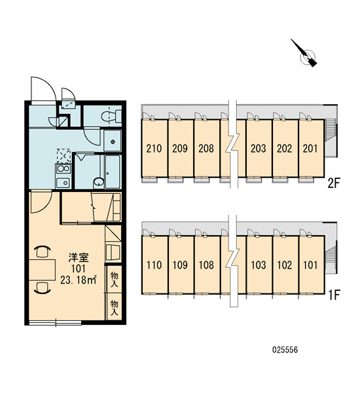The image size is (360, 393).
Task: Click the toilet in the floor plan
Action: coord(111,116)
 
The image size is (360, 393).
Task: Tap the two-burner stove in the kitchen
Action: coord(63,169)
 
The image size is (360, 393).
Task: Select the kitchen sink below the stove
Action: coord(63,183)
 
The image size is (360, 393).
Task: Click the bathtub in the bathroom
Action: coord(112,172)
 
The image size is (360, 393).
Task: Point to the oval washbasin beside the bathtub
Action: coord(98,183)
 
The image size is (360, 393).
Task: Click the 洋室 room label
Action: coord(79,257)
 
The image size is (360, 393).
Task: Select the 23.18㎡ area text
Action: coord(78,280)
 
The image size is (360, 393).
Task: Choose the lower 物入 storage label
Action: coord(115,308)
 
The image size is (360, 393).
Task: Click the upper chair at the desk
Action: coord(43,252)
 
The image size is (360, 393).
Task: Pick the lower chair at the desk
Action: coord(43,288)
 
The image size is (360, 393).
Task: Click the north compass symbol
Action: coord(305,54)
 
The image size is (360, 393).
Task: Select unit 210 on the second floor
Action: coord(154,149)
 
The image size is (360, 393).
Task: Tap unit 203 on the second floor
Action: coord(259,149)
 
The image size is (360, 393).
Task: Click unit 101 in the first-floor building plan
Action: coord(310,265)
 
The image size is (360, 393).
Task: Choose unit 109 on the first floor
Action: coord(180,265)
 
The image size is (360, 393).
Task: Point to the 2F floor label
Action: coord(334,183)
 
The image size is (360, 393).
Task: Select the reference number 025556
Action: coord(285,350)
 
